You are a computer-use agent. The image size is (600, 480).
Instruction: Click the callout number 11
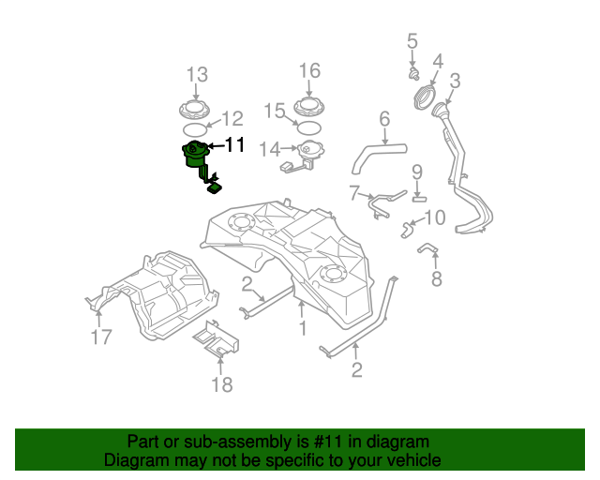(x=234, y=145)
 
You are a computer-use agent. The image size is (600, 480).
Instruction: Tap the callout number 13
(x=196, y=74)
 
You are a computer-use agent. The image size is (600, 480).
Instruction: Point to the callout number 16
(x=309, y=70)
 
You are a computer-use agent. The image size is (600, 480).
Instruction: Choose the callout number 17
(x=101, y=337)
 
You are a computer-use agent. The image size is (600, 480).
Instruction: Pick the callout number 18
(x=221, y=384)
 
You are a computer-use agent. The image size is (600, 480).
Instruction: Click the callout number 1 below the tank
(x=302, y=328)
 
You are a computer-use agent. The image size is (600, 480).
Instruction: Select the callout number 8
(x=436, y=278)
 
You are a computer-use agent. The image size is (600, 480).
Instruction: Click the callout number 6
(x=383, y=119)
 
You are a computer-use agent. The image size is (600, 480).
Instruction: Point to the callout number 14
(x=269, y=149)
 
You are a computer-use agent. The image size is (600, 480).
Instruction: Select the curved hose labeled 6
(x=375, y=153)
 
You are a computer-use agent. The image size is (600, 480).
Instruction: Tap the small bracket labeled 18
(x=215, y=338)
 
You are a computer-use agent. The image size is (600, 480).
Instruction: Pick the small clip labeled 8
(x=427, y=249)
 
